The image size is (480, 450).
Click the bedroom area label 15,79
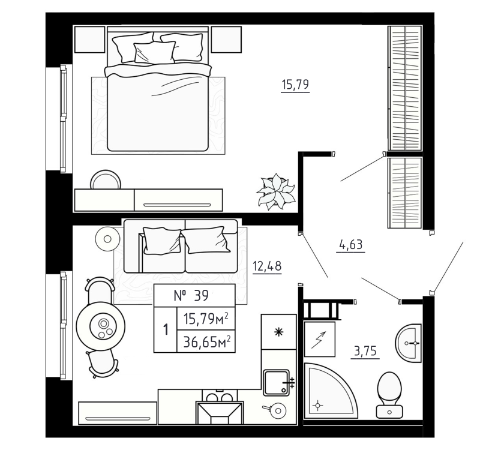click(x=295, y=85)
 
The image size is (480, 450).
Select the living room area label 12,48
click(x=267, y=265)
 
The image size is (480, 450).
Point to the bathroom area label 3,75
click(x=365, y=352)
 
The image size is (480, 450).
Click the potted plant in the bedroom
click(x=275, y=192)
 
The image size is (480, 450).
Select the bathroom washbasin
click(x=410, y=343)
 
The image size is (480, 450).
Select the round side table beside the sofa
click(x=107, y=238)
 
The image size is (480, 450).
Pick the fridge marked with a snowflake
click(x=278, y=332)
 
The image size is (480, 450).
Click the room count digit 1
click(x=165, y=329)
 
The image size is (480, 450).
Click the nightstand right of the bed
click(x=226, y=40)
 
